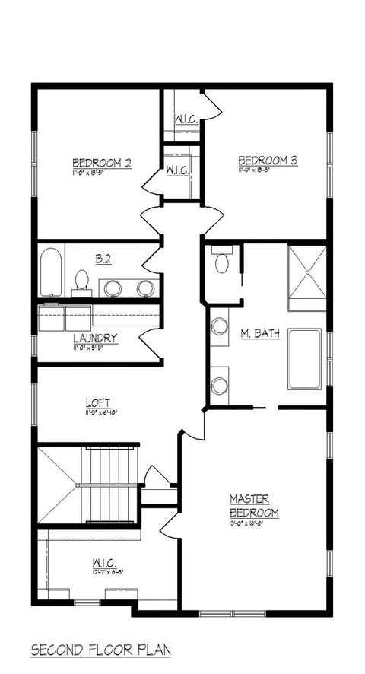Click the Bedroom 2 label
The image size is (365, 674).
[102, 162]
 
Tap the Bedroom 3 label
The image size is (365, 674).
[267, 160]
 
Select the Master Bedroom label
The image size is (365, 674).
[254, 506]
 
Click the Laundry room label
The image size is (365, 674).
[95, 339]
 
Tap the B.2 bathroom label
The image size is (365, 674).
[104, 260]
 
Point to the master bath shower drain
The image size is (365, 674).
[306, 272]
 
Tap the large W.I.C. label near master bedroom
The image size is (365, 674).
[103, 564]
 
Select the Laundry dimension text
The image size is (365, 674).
[95, 348]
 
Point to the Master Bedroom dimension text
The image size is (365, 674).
[254, 523]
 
